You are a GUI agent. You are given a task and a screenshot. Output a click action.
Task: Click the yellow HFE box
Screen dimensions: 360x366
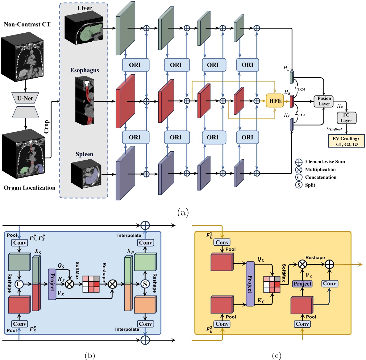[275, 101]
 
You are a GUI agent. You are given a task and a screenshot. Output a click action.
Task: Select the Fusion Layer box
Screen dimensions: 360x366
[324, 101]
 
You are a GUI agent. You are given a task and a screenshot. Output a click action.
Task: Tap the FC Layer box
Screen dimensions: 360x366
[346, 118]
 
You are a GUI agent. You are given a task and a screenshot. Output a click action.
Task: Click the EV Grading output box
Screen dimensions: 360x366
[346, 141]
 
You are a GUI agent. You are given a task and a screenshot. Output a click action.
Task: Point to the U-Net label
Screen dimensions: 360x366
[25, 99]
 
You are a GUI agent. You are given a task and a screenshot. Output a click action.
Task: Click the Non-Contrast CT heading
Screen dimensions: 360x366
[27, 24]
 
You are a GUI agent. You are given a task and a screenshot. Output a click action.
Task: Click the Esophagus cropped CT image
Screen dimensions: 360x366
[85, 101]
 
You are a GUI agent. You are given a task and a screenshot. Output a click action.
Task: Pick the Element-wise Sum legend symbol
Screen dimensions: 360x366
[298, 162]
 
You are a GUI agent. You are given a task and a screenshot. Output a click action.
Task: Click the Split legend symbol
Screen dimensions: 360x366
[298, 185]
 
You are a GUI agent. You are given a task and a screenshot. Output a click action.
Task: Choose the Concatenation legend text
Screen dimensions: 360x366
[321, 177]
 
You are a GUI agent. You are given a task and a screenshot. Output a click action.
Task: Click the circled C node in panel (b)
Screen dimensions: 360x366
[19, 284]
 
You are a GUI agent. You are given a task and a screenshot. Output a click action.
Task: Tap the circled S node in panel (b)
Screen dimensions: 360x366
[145, 284]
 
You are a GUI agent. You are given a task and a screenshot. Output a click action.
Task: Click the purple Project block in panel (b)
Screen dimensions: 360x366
[52, 284]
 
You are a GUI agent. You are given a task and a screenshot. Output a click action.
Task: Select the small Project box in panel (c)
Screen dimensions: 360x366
[302, 284]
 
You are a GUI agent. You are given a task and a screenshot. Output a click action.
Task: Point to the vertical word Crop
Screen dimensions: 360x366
[47, 127]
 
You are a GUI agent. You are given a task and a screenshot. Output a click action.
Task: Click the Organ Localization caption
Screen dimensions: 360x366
[30, 188]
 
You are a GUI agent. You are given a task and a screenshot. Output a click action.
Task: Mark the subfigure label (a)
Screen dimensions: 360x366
[183, 213]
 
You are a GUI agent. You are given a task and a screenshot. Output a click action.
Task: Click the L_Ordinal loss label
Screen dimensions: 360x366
[334, 128]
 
